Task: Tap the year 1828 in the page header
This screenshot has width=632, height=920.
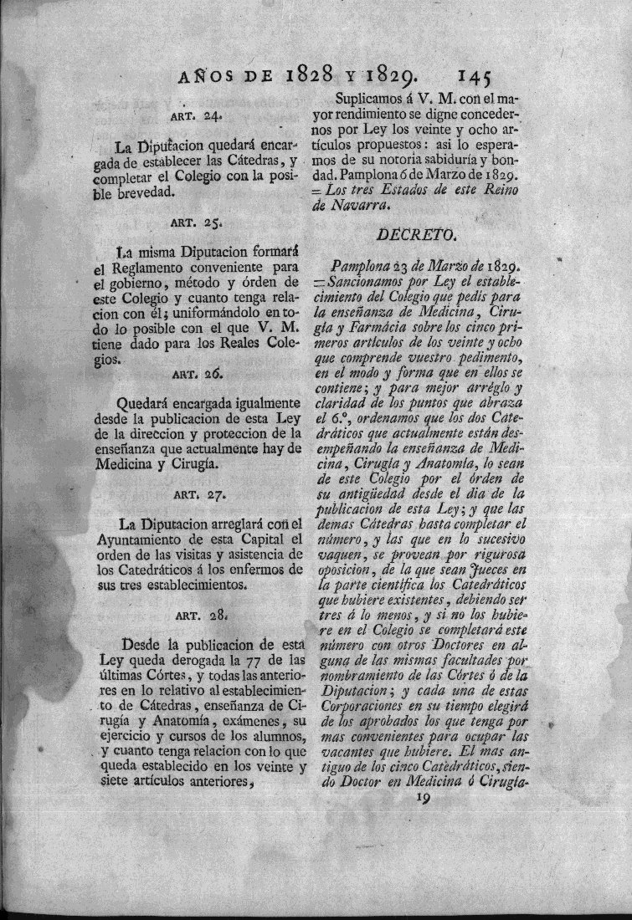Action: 310,77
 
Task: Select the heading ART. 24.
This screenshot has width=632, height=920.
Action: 197,117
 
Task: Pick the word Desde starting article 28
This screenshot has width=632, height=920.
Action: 140,644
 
